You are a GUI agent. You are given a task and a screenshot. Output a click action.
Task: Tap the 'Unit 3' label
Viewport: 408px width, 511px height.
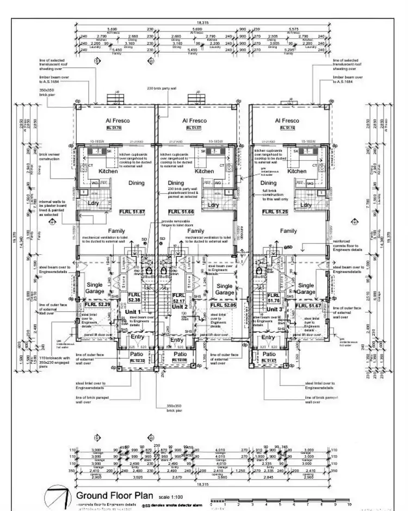click(274, 308)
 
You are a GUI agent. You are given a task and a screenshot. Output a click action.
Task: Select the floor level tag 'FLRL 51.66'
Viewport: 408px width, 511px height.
click(179, 211)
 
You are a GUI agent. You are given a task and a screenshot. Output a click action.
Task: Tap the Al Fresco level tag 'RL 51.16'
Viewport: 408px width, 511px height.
click(287, 128)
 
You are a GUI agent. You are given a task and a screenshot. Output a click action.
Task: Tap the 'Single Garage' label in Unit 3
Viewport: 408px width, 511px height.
click(306, 288)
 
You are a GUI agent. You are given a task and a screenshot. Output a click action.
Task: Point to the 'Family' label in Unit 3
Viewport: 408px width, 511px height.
click(288, 231)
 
